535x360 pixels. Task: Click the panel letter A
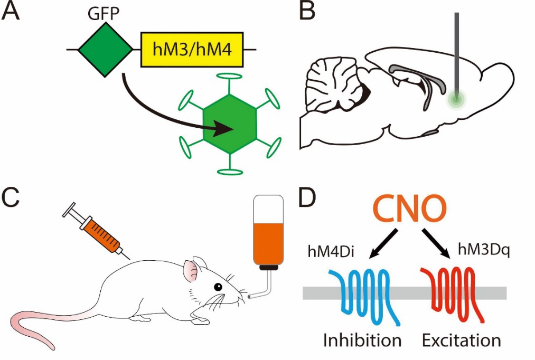tap(11, 12)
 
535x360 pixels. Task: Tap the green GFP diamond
tap(106, 50)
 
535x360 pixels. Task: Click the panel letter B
tap(307, 12)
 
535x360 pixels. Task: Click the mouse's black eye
tap(218, 287)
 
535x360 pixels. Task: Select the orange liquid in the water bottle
tap(270, 242)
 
